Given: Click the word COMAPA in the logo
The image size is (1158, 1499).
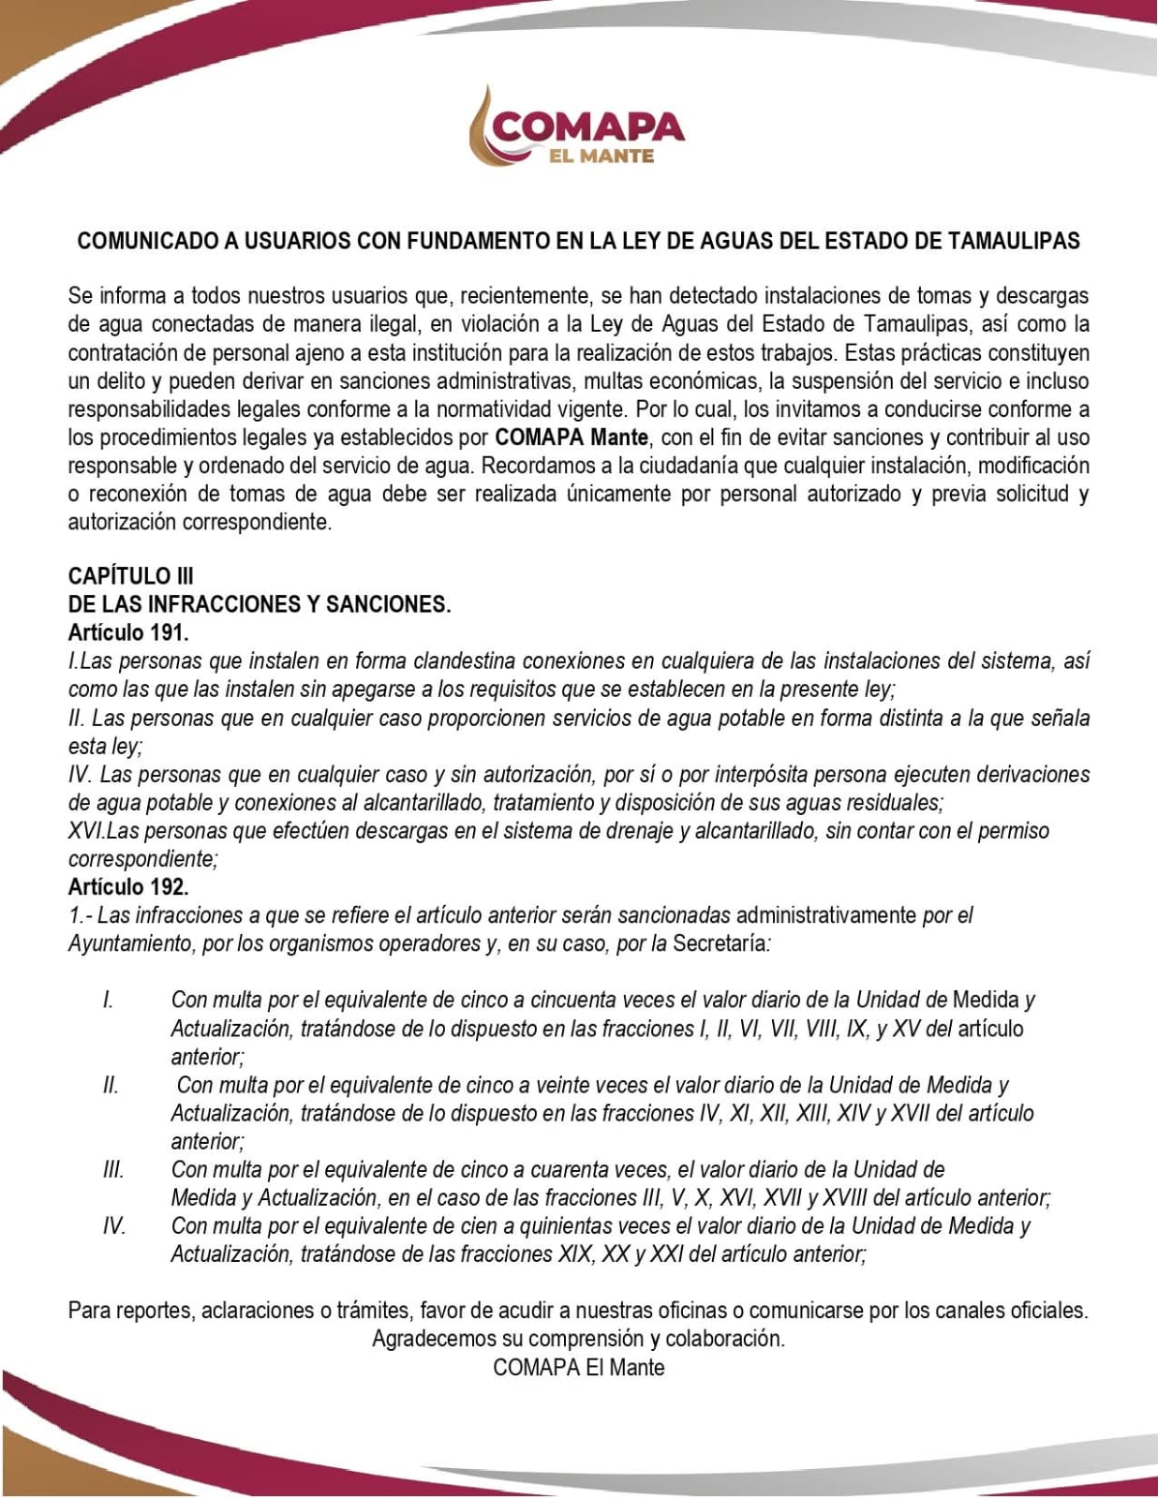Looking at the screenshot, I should tap(587, 126).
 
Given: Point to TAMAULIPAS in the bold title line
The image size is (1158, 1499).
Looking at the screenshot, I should tap(1013, 241).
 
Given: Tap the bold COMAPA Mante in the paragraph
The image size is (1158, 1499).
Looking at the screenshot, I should tap(572, 438).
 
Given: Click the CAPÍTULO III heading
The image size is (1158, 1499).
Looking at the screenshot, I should tap(131, 575).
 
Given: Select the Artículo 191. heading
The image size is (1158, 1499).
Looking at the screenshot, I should tap(128, 632).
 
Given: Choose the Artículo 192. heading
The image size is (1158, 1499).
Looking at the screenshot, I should tap(128, 886).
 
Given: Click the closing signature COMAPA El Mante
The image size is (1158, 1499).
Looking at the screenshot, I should tap(578, 1367).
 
